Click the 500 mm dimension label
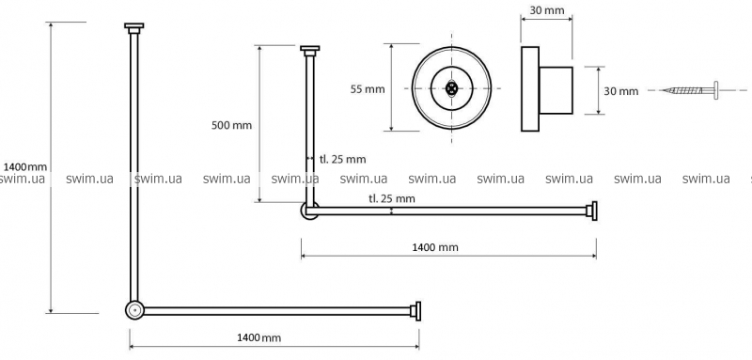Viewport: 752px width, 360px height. pyautogui.click(x=231, y=126)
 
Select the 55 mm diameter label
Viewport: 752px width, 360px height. pyautogui.click(x=368, y=89)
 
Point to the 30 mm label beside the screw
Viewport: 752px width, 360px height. pyautogui.click(x=621, y=91)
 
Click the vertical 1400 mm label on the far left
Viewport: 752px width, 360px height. pyautogui.click(x=25, y=166)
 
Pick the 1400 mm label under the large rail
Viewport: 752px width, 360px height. pyautogui.click(x=259, y=337)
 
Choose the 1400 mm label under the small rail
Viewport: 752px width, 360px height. pyautogui.click(x=435, y=247)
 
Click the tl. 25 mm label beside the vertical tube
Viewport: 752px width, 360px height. pyautogui.click(x=342, y=159)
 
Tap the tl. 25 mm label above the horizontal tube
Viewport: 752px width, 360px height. pyautogui.click(x=392, y=198)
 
